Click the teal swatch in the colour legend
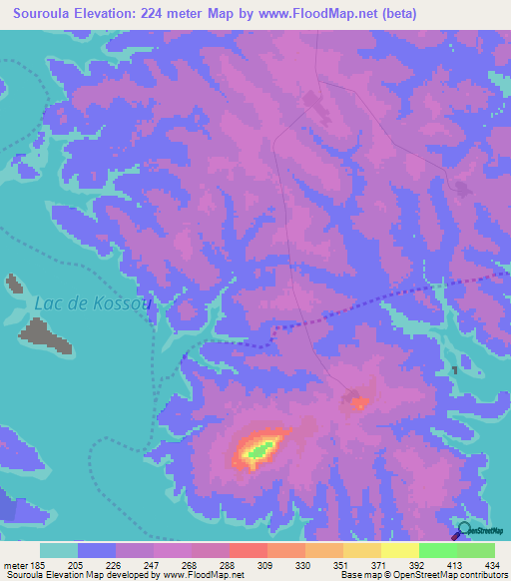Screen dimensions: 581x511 click(59, 550)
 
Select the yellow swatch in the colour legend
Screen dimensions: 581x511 click(399, 550)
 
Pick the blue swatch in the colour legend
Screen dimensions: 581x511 click(97, 550)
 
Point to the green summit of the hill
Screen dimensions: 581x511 click(259, 451)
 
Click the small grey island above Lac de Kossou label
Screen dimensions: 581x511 click(14, 285)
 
